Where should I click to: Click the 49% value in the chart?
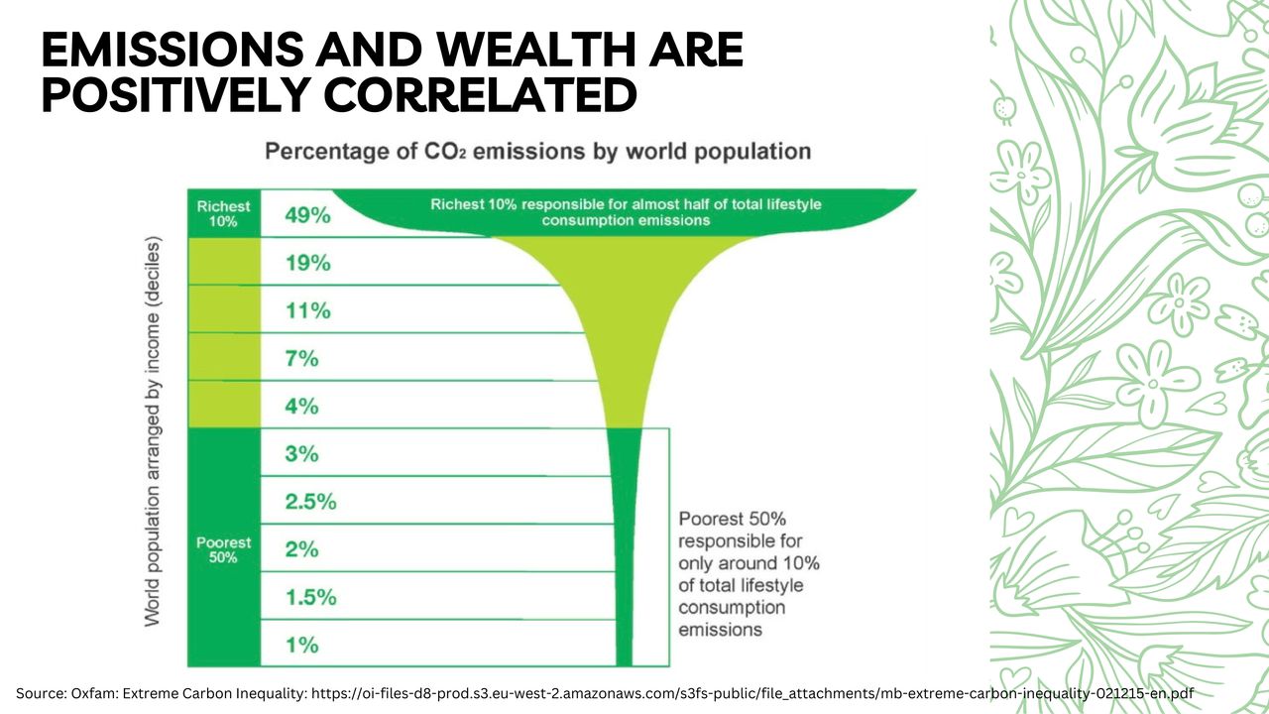coord(307,215)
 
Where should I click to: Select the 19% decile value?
coord(307,263)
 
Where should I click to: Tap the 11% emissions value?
coord(307,310)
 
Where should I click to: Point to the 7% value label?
coord(301,358)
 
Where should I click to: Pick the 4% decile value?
coord(301,406)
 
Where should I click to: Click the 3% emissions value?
coord(301,453)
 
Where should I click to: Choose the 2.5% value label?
coord(310,501)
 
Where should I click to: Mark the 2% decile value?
coord(301,548)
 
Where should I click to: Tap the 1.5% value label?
coord(310,597)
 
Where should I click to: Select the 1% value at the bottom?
coord(301,645)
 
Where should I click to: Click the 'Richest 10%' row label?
coord(223,213)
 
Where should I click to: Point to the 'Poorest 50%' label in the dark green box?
coord(223,549)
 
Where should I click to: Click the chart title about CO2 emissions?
coord(537,152)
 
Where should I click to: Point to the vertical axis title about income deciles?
coord(153,431)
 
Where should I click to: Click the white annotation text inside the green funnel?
coord(626,211)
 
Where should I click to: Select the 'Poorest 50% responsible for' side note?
coord(749,574)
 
